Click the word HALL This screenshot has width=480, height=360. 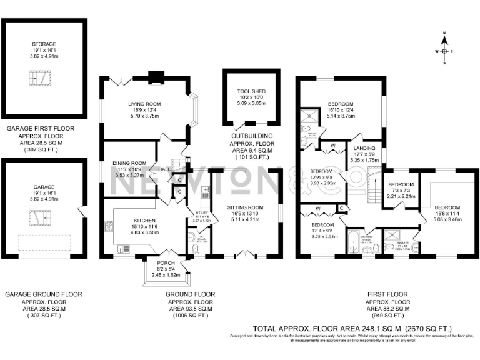click(x=164, y=169)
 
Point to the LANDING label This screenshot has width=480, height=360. click(x=364, y=148)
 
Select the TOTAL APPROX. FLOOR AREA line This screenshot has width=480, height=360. click(x=352, y=328)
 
